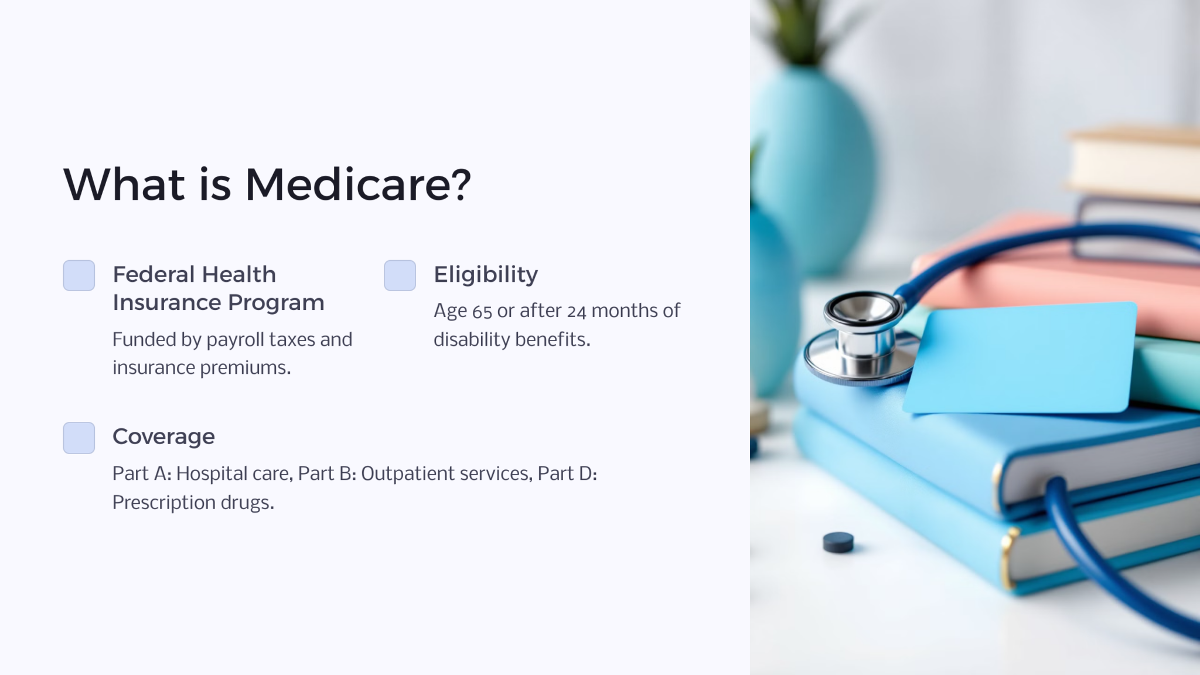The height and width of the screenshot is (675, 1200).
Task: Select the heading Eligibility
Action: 486,275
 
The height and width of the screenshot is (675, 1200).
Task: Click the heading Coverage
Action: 163,437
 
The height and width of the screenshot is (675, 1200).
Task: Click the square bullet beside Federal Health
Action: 79,275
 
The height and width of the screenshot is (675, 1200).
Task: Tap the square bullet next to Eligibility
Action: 400,275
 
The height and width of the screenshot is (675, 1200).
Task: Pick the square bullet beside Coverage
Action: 79,438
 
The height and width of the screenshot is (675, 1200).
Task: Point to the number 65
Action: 482,311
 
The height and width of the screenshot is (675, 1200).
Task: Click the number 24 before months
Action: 576,311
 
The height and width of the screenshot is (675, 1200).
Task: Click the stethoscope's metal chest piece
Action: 861,340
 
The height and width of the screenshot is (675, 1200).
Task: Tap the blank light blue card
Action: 1020,357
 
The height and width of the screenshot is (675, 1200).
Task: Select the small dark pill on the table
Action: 838,542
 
